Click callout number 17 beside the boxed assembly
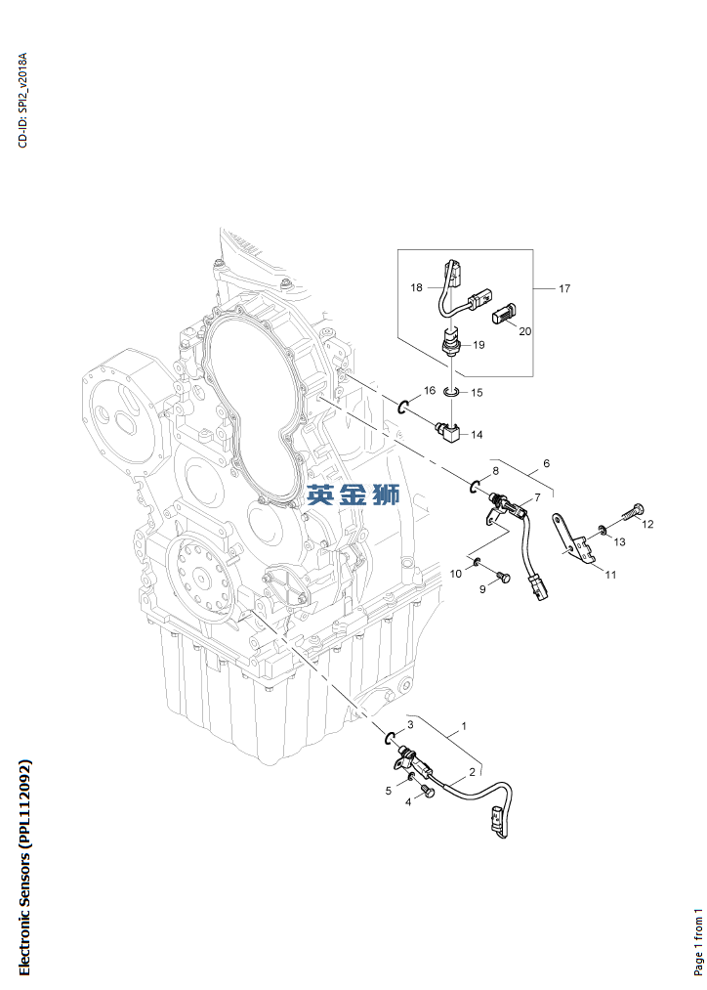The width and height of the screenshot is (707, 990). (563, 288)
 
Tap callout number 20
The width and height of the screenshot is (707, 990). (524, 331)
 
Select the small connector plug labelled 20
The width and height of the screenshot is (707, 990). (504, 313)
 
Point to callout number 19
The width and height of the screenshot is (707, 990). (478, 345)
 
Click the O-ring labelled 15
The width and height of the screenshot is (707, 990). (450, 393)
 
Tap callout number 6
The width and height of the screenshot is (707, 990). (546, 463)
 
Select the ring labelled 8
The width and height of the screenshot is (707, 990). (476, 486)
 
